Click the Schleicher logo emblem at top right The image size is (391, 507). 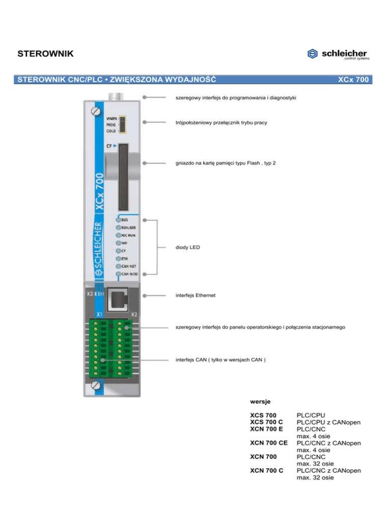(313, 54)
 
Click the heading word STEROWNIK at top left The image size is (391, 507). (45, 54)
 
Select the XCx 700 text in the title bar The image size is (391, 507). (353, 80)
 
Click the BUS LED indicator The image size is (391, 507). (119, 219)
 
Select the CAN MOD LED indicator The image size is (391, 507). (119, 274)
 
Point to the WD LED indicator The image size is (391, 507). (119, 243)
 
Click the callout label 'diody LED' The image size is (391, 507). (187, 247)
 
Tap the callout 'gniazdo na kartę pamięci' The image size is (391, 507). (226, 164)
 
